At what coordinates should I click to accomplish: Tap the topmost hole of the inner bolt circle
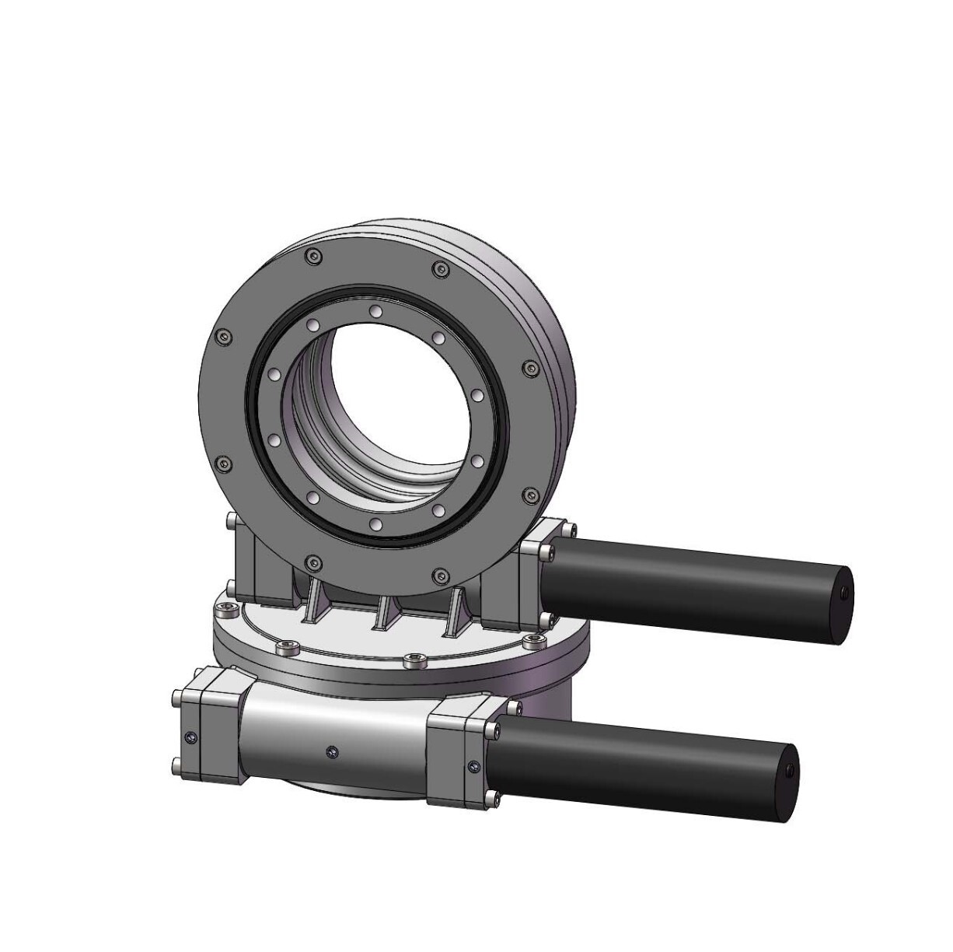[375, 312]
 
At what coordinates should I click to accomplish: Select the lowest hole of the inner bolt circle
[374, 527]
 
